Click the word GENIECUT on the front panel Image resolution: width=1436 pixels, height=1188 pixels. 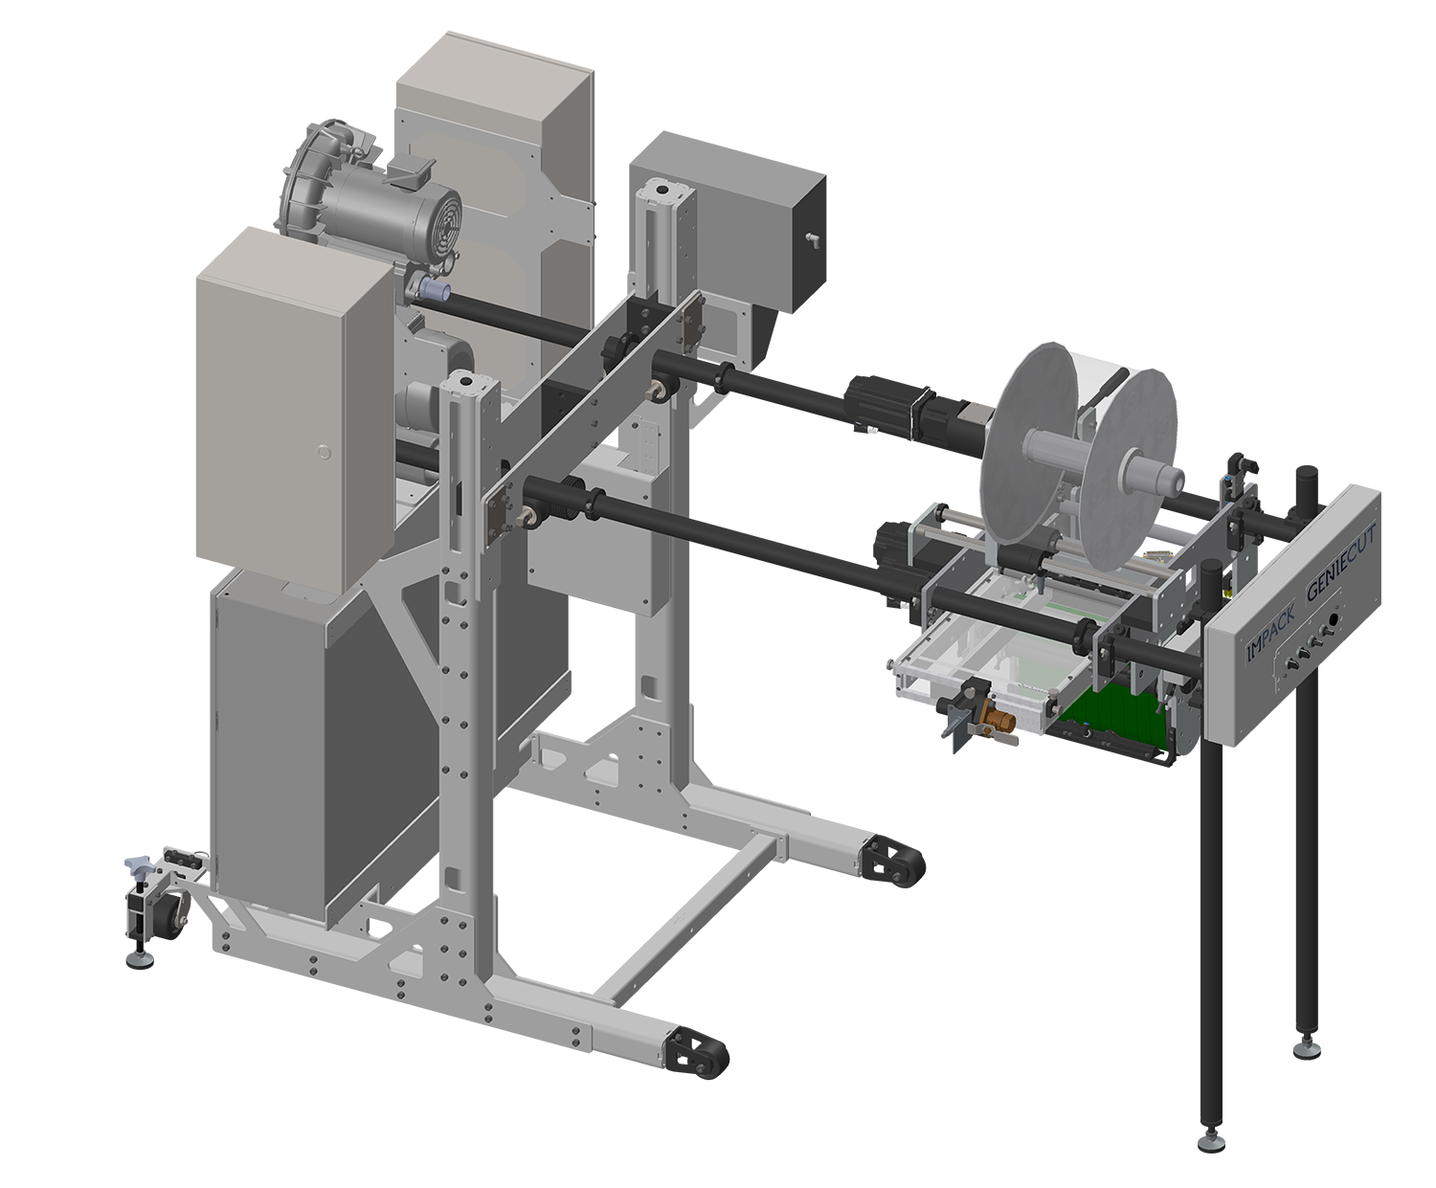click(1341, 566)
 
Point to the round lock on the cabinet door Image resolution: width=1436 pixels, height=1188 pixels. click(323, 449)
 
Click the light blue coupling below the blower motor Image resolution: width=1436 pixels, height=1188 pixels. click(437, 291)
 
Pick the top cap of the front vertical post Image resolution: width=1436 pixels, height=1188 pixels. click(468, 383)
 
